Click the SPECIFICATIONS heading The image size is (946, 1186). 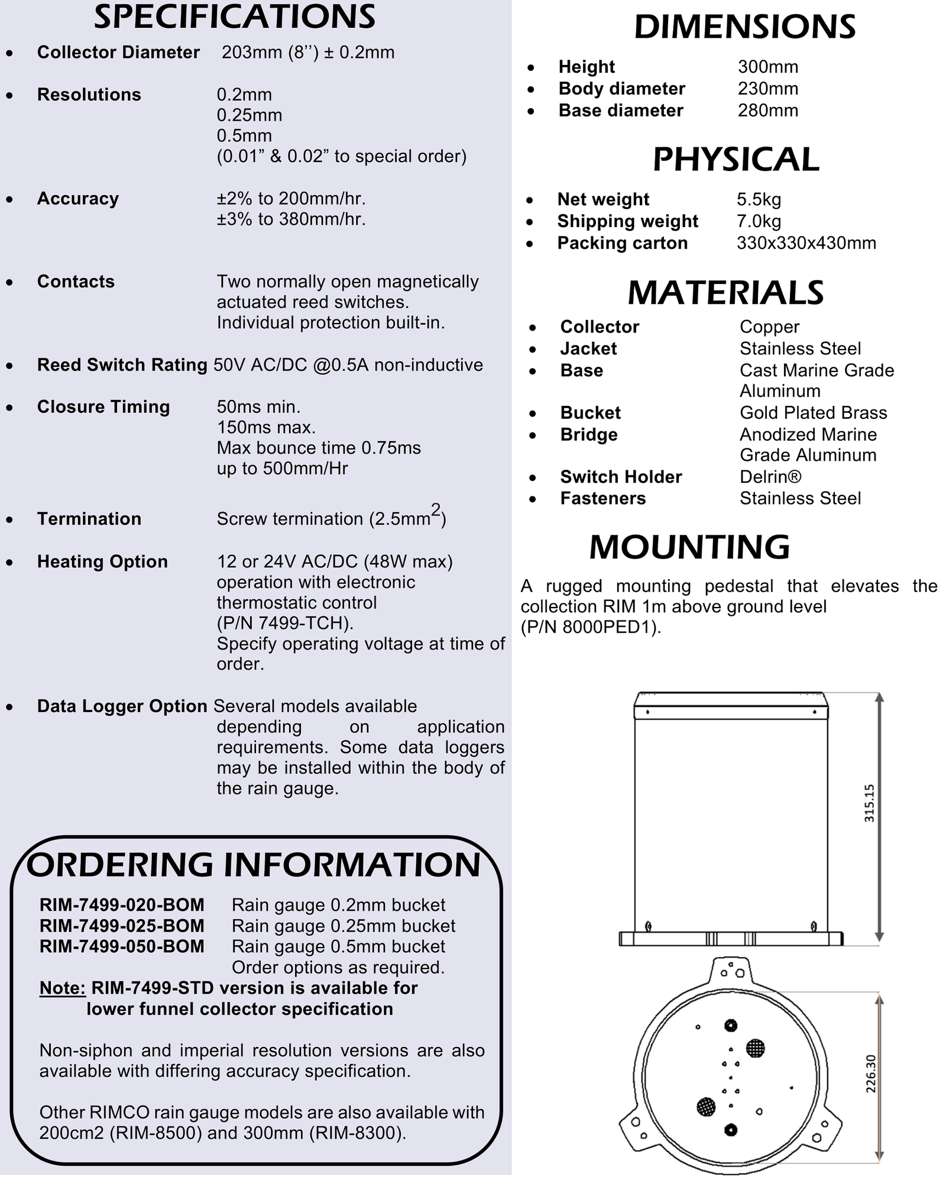[235, 17]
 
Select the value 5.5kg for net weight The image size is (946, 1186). [759, 199]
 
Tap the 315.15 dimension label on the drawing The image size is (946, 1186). [869, 803]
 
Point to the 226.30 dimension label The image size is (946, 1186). [870, 1074]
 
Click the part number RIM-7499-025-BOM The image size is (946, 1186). [122, 926]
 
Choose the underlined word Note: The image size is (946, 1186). [63, 988]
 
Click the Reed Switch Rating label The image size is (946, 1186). [122, 365]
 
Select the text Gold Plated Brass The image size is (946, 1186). [813, 413]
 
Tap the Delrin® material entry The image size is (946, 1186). [770, 477]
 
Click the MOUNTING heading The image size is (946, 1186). [689, 547]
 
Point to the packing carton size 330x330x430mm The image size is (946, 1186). [806, 243]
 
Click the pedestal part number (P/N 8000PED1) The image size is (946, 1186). [591, 627]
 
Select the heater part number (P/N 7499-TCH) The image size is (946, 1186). [285, 623]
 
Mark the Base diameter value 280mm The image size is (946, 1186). [767, 111]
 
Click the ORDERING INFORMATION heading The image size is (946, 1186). [254, 865]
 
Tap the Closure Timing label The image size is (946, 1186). [103, 407]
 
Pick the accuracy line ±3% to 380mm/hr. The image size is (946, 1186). [291, 219]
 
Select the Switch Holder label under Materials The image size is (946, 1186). [621, 477]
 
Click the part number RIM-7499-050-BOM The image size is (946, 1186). [122, 946]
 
